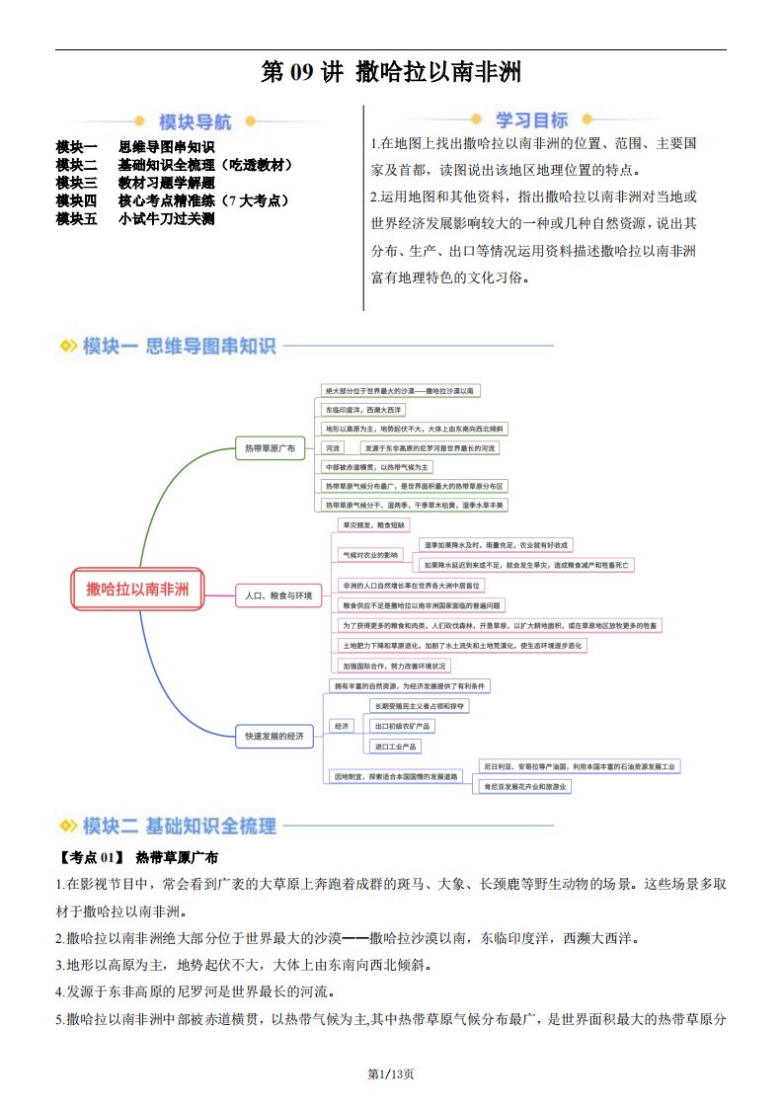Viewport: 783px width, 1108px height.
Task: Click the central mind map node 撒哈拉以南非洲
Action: (137, 591)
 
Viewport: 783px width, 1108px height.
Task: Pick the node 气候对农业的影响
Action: (369, 555)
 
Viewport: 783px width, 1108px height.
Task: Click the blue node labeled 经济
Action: (343, 726)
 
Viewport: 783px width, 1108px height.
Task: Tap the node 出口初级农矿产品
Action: (402, 726)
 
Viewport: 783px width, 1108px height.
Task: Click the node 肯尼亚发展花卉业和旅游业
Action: (524, 786)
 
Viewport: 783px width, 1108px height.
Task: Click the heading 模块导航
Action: (195, 122)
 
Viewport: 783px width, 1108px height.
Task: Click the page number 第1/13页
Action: (391, 1073)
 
